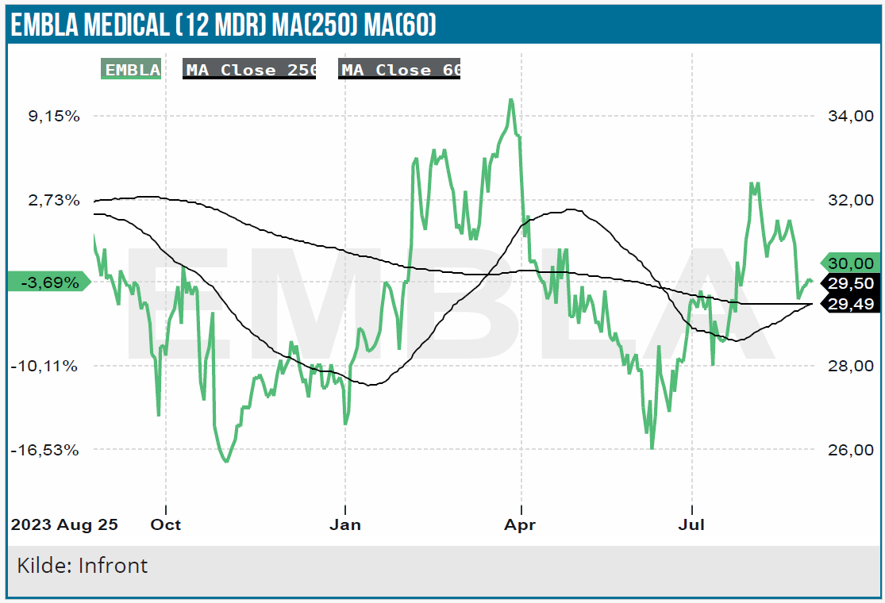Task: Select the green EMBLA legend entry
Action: point(132,70)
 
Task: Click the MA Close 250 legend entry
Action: point(250,70)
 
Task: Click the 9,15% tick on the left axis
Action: point(53,116)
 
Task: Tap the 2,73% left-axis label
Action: point(53,200)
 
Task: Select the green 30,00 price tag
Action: point(850,263)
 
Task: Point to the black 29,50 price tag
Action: point(850,283)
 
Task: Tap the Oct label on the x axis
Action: point(166,524)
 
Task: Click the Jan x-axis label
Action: point(345,524)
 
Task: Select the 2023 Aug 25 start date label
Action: point(63,524)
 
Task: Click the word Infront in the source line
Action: point(113,566)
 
